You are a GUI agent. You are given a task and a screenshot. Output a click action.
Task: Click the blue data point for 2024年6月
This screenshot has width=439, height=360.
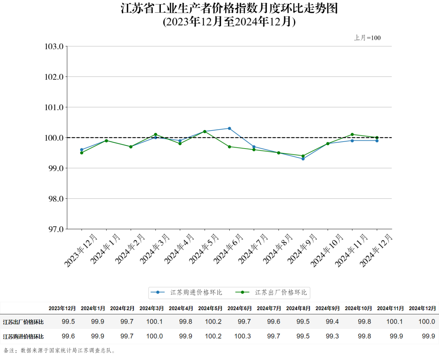(x=229, y=128)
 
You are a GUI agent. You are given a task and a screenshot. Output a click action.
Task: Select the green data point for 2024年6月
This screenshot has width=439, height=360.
(x=229, y=147)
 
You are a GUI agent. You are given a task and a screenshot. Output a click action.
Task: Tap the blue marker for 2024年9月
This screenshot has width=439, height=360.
(x=303, y=159)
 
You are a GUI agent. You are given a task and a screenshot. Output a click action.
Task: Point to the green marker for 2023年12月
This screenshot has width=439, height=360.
(x=82, y=153)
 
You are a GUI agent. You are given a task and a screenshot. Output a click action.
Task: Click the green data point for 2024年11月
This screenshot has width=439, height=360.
(x=352, y=134)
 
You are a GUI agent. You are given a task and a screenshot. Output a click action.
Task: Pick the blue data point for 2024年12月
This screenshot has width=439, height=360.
(x=377, y=141)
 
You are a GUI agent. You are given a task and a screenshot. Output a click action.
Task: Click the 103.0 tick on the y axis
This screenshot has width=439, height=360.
(x=54, y=46)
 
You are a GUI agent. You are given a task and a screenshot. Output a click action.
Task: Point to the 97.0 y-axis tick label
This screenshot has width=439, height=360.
(x=56, y=229)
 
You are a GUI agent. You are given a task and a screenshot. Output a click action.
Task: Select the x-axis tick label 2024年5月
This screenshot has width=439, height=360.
(x=204, y=249)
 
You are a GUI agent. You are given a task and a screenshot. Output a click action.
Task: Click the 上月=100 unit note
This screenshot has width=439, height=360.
(x=367, y=38)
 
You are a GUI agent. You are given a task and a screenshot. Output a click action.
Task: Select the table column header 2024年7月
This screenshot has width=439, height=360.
(x=269, y=308)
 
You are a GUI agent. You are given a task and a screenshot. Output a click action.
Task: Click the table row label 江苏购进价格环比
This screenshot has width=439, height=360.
(x=23, y=336)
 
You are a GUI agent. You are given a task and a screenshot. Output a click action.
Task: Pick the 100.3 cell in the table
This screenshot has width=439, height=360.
(x=243, y=336)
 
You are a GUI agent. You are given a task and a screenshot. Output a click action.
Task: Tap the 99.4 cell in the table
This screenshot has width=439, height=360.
(x=332, y=322)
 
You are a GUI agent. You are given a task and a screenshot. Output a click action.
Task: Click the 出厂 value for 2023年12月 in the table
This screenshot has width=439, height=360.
(x=68, y=322)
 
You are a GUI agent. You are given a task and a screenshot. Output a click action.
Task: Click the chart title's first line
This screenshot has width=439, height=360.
(x=229, y=8)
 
